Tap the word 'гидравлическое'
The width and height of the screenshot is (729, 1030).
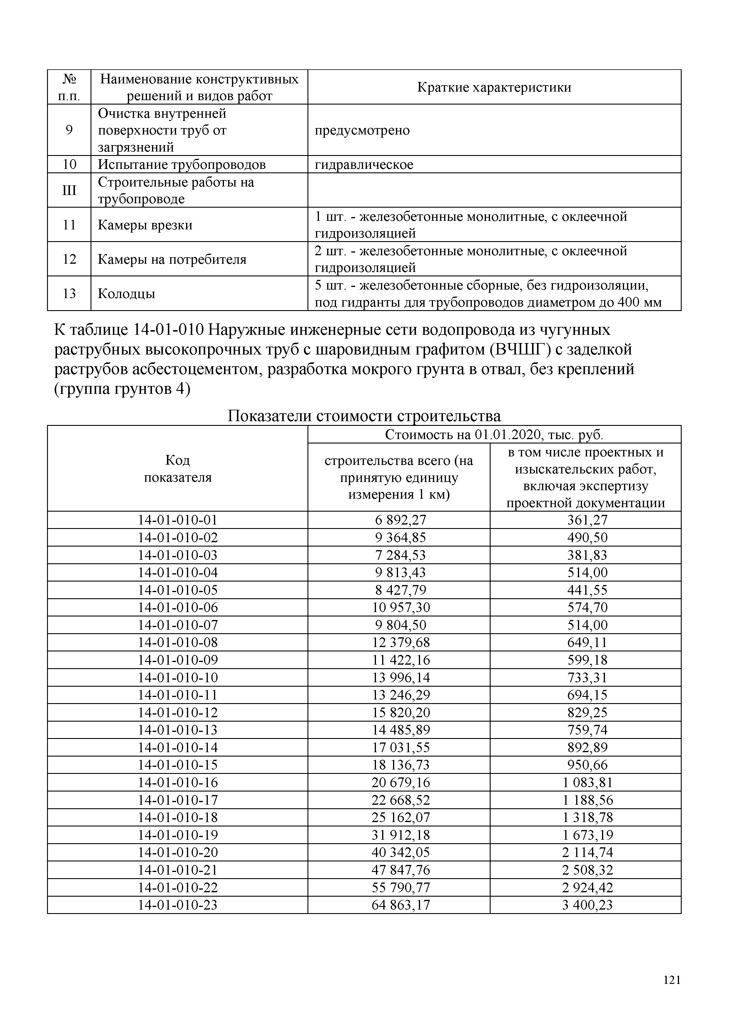pyautogui.click(x=364, y=165)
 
